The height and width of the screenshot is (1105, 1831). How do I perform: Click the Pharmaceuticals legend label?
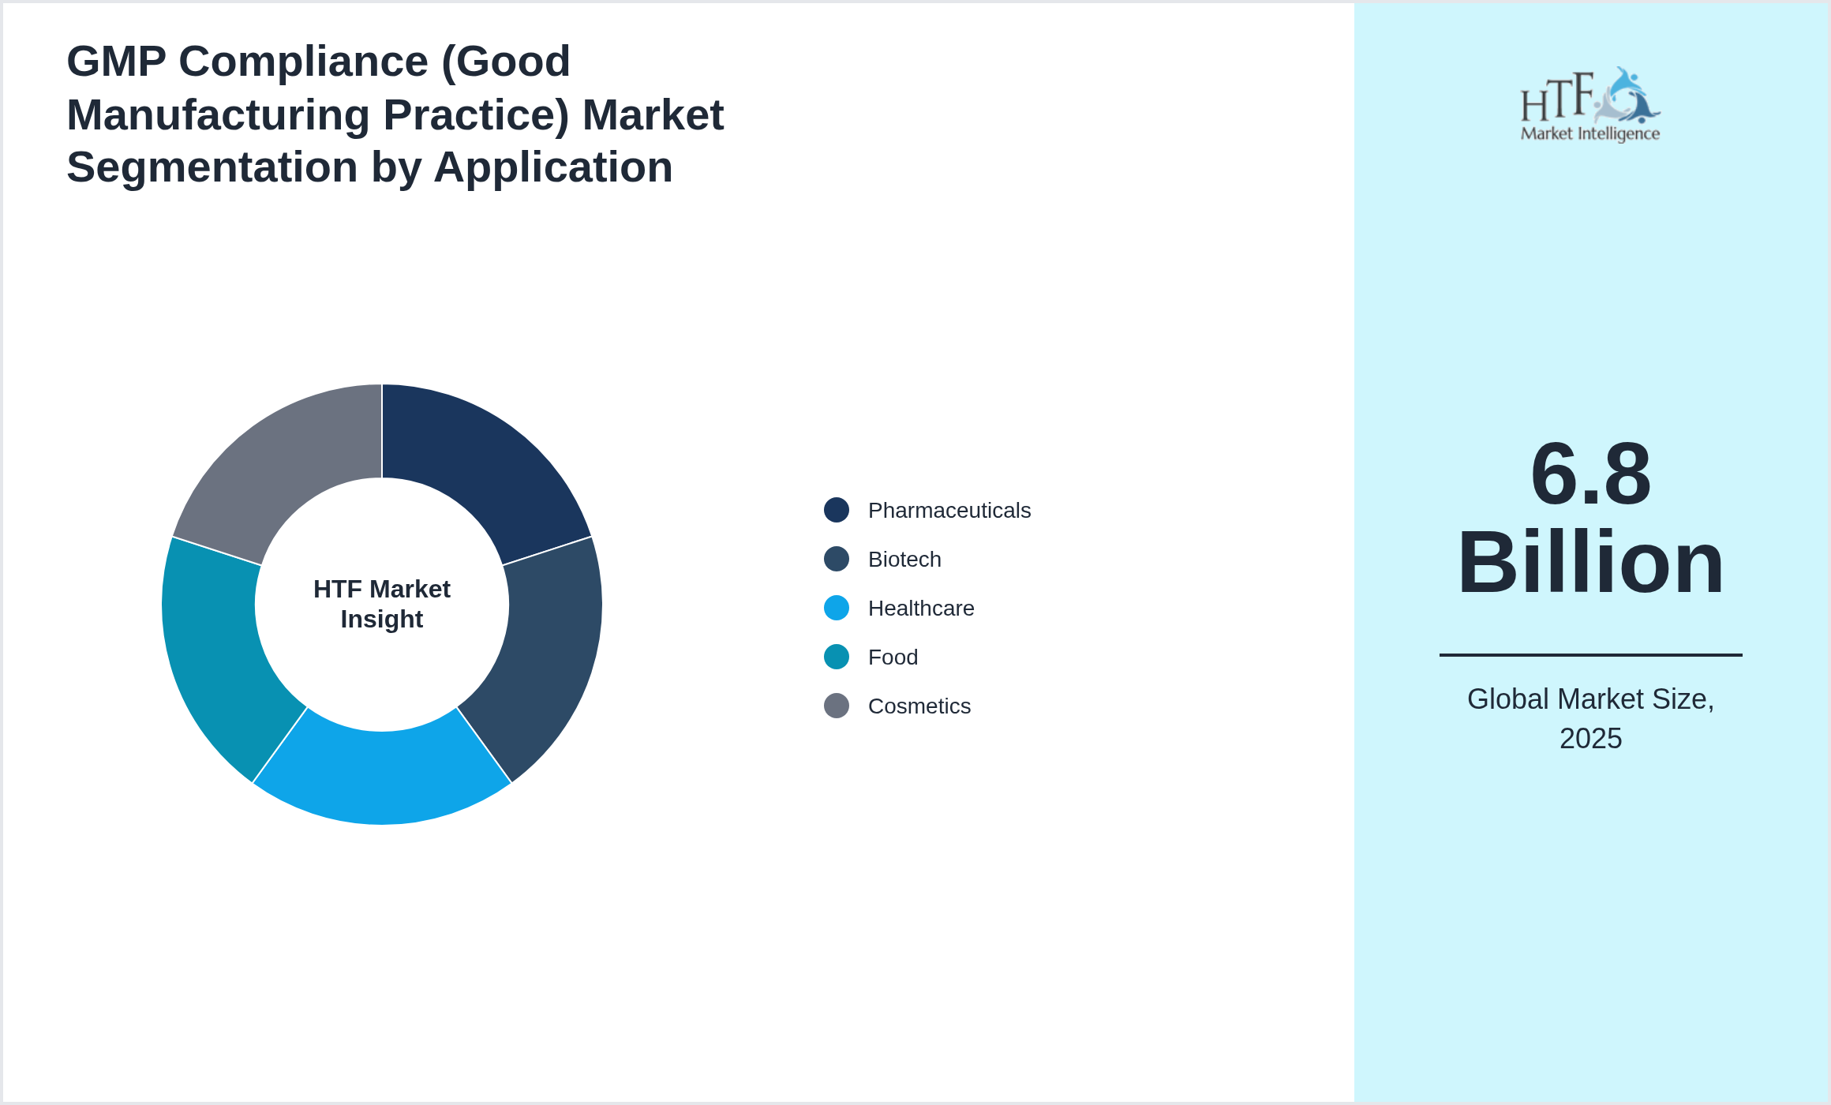tap(949, 511)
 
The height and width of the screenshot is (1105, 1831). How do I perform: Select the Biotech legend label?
tap(904, 560)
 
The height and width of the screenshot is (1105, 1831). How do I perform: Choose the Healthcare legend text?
tap(921, 609)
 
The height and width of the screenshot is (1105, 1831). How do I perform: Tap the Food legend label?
tap(893, 657)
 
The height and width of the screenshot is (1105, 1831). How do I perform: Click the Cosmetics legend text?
tap(919, 706)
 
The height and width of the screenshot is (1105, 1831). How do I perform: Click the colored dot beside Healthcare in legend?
tap(837, 608)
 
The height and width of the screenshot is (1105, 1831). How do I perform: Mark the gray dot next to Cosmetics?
tap(837, 706)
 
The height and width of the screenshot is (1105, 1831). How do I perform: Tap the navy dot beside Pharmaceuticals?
tap(837, 510)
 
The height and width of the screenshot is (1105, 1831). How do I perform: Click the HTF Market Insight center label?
tap(382, 604)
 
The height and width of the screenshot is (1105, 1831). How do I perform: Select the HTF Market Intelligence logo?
tap(1590, 105)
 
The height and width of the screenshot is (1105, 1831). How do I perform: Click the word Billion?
tap(1590, 563)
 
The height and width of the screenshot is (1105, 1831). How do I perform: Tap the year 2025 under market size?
tap(1590, 739)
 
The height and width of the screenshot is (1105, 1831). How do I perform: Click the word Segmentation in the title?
tap(212, 167)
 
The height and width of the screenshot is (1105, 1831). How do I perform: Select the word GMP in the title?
tap(116, 62)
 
